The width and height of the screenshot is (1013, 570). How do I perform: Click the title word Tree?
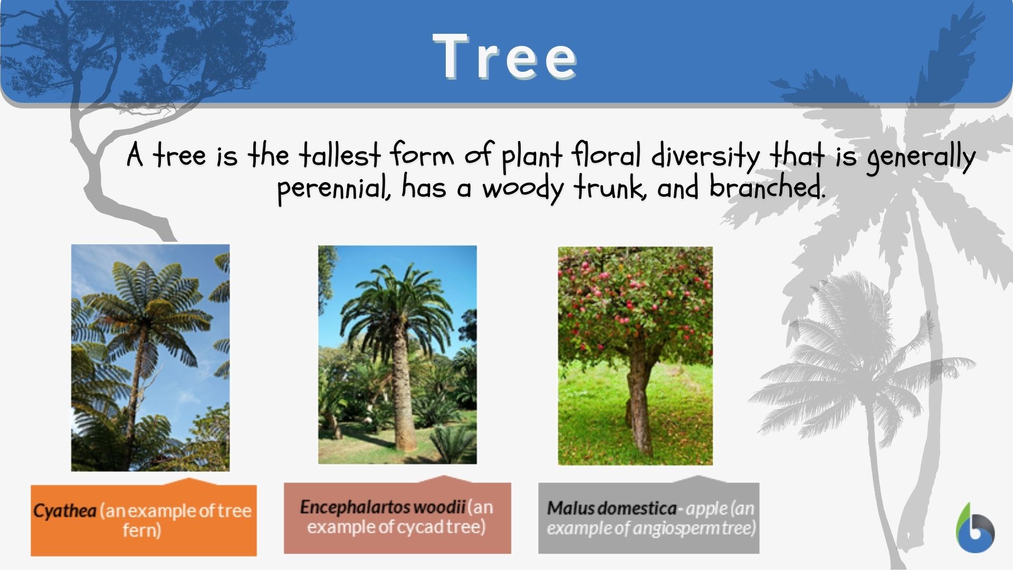click(x=505, y=56)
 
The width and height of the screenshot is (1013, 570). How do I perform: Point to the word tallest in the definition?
click(x=340, y=155)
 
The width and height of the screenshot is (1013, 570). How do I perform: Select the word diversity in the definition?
click(x=705, y=156)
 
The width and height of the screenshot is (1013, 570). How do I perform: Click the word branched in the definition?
click(x=766, y=187)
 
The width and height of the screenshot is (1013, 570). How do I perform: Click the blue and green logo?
click(x=975, y=528)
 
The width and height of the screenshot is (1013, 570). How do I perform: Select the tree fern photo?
click(x=150, y=357)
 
